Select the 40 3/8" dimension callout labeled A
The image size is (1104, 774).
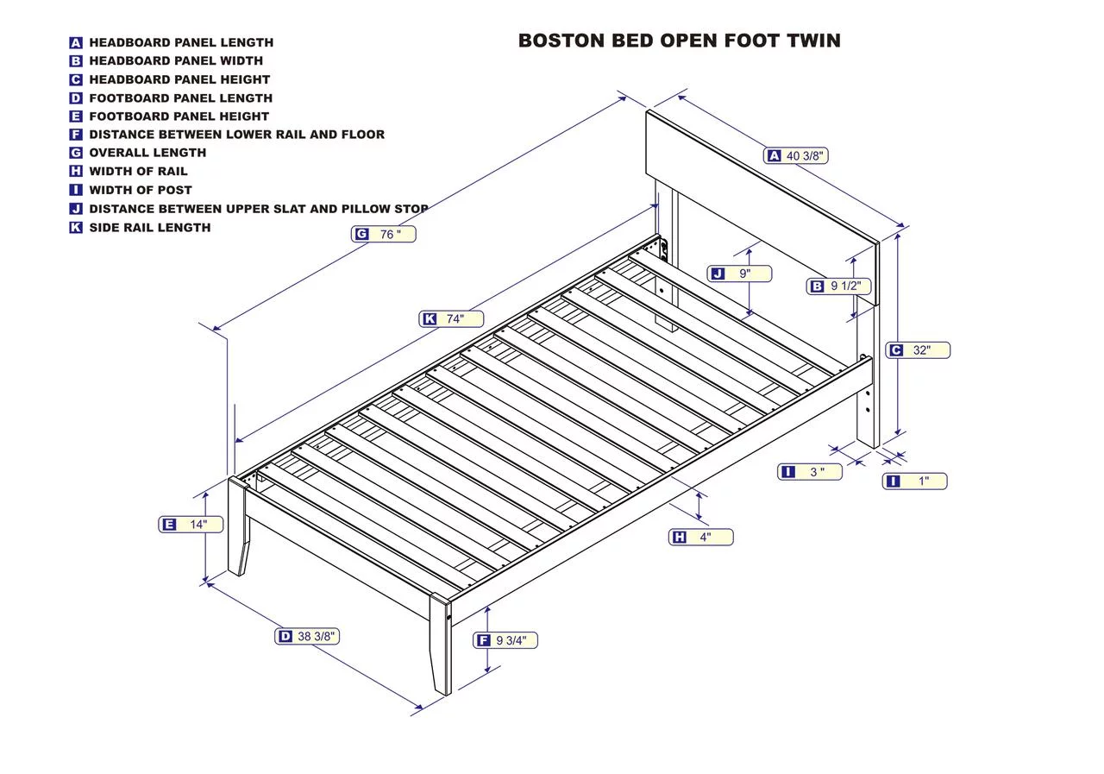tap(796, 155)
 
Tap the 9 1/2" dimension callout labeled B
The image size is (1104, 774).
tap(838, 286)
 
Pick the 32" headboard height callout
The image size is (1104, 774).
tap(919, 350)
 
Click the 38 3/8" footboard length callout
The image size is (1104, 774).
tap(307, 637)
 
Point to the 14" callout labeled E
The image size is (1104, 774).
tap(191, 525)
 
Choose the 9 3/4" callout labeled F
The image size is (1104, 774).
tap(505, 640)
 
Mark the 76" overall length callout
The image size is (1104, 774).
tap(383, 234)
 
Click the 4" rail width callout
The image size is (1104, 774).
tap(700, 538)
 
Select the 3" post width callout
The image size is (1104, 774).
tap(809, 472)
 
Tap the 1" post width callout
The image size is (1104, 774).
tap(914, 481)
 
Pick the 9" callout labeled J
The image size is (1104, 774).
tap(739, 274)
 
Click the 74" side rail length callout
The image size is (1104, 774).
tap(451, 319)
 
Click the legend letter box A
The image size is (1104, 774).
tap(76, 42)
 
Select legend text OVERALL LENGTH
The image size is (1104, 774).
tap(147, 153)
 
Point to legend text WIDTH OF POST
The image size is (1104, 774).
tap(141, 190)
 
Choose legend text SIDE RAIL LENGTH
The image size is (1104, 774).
tap(150, 228)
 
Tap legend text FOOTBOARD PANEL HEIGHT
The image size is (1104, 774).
tap(179, 116)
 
